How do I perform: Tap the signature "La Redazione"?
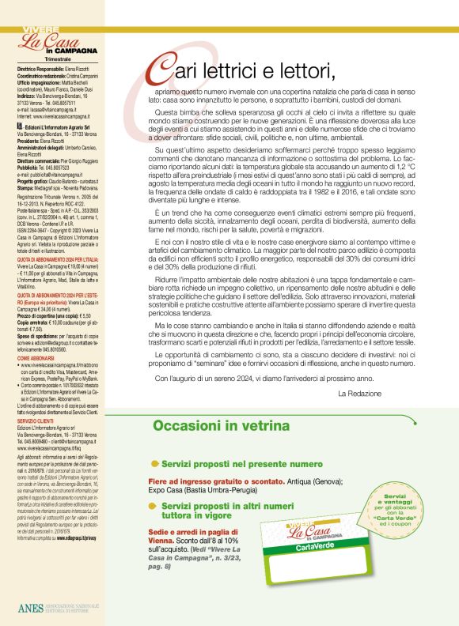tap(365, 393)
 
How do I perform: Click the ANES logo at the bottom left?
tap(28, 608)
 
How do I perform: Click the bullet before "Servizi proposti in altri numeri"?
tap(155, 504)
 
